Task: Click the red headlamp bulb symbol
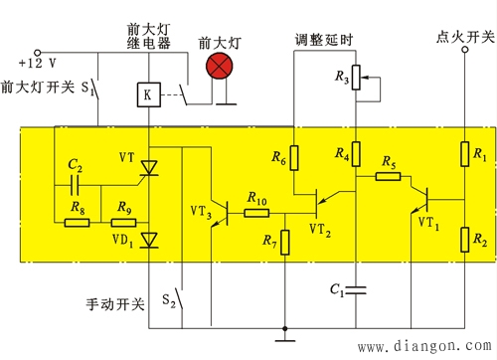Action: pyautogui.click(x=217, y=65)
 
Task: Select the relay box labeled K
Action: pyautogui.click(x=148, y=95)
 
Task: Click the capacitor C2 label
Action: pyautogui.click(x=75, y=164)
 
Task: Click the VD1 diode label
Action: pyautogui.click(x=121, y=240)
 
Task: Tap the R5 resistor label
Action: pyautogui.click(x=389, y=164)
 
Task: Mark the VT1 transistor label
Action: pyautogui.click(x=427, y=221)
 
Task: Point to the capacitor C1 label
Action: pyautogui.click(x=336, y=290)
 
